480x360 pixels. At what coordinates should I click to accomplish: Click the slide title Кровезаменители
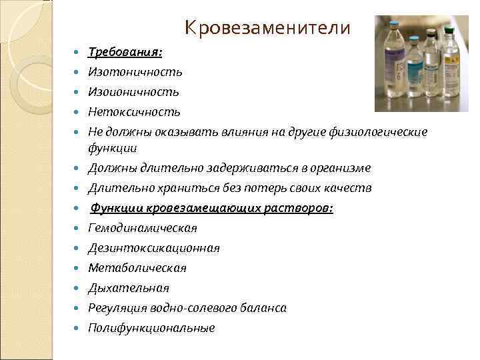[x=267, y=28]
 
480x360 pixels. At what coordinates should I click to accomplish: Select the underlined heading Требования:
[x=125, y=51]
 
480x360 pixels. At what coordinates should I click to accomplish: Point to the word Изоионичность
[x=133, y=91]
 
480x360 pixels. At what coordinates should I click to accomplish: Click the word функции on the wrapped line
[x=108, y=148]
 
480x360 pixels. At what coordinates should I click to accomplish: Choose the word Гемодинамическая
[x=143, y=228]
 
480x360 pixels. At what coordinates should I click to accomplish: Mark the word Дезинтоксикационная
[x=154, y=248]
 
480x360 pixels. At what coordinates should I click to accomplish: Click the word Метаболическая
[x=137, y=268]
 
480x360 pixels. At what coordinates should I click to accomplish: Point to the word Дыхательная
[x=129, y=288]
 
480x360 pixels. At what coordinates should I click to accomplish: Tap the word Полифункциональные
[x=151, y=328]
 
